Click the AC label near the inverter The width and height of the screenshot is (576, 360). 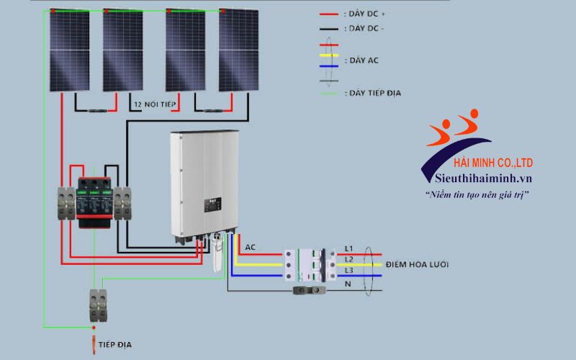[251, 248]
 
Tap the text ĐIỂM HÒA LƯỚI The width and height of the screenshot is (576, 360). [417, 265]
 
